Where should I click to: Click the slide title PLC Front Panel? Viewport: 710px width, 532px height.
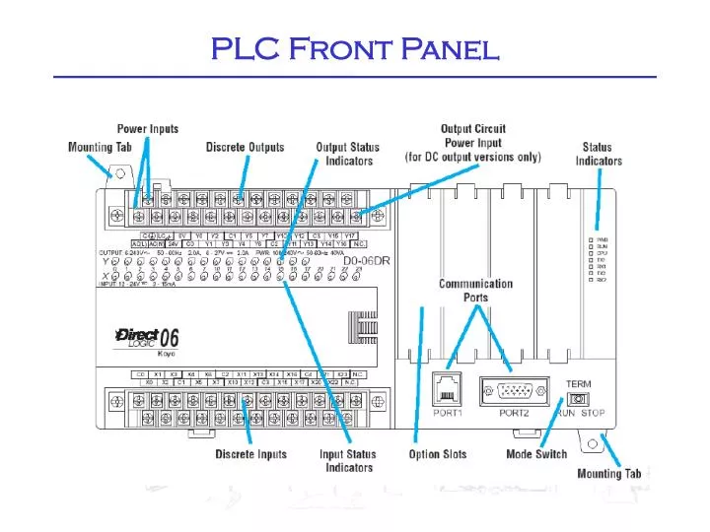pos(355,48)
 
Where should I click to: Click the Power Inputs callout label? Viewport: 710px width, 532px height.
pos(148,129)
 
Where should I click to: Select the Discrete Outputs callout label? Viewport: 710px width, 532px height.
pos(245,148)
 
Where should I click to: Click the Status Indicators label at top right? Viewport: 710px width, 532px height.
pos(599,155)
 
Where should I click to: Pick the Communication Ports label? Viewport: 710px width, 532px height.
pos(475,290)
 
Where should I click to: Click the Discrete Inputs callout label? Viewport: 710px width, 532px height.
pos(251,454)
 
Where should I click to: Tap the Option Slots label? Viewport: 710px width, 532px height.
pos(438,454)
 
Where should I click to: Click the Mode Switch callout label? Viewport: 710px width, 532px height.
pos(536,454)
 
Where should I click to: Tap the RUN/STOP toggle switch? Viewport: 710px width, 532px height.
pos(579,399)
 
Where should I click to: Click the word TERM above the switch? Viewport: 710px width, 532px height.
pos(578,382)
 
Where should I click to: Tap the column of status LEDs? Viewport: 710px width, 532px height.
pos(592,259)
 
